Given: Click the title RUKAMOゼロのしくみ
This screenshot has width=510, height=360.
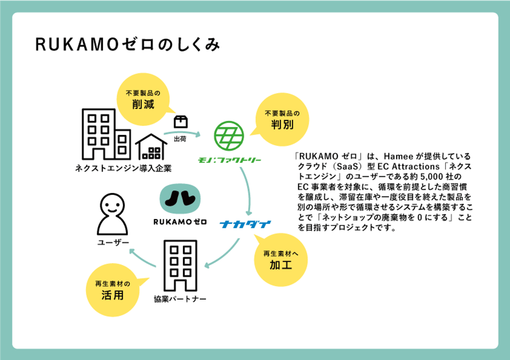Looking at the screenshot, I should pos(127,45).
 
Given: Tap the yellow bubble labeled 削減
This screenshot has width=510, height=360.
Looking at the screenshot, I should pos(143,99).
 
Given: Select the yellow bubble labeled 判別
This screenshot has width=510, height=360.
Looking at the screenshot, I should pos(282,119).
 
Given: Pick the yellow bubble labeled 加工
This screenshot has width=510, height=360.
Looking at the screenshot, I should pos(281,260).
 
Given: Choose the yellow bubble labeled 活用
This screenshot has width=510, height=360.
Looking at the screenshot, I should pos(113,290).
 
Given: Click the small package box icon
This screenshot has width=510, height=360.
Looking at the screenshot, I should pos(181,122).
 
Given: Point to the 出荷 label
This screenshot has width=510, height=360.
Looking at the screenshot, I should pos(180,139).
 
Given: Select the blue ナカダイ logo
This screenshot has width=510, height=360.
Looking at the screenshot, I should pos(246,224).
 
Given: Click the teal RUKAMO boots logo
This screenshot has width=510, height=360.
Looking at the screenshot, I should pos(180,199).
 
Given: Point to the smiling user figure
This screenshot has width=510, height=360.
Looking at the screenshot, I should pos(112,215).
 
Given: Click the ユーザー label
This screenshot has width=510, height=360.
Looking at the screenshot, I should pos(113,242).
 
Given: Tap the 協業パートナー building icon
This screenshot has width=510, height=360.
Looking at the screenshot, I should pos(180,265).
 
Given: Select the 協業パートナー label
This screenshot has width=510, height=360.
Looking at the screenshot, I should pos(180,299).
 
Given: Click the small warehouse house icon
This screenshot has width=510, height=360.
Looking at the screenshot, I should pos(151,147).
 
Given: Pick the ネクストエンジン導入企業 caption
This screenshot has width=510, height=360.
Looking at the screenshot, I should pos(123,168).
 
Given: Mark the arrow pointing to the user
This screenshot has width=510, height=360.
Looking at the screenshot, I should pos(142,258).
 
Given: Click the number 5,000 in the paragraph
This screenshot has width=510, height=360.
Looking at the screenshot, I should pos(431,177).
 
